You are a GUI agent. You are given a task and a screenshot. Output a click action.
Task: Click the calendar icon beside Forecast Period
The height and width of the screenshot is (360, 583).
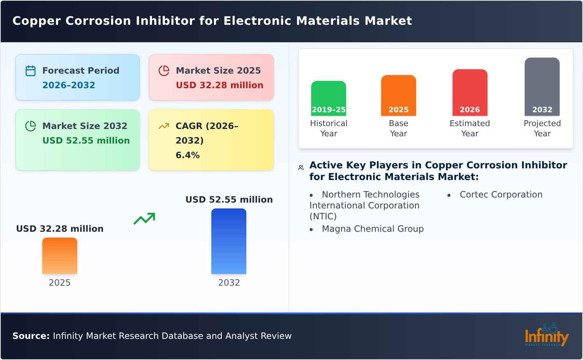point(31,71)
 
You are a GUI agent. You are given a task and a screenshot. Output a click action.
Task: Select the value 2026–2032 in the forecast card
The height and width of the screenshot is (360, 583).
point(69,85)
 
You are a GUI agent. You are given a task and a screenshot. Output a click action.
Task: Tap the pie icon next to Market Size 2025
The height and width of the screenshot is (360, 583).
point(164,71)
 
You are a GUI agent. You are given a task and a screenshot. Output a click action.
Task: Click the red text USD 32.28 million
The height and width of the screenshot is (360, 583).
point(219,85)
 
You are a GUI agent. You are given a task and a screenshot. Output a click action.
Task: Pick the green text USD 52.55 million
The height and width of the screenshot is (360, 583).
point(86,141)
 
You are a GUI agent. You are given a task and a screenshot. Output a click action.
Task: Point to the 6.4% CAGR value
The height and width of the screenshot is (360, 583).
point(187,155)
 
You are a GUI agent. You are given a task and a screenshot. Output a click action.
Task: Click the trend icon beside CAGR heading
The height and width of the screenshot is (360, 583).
point(164,126)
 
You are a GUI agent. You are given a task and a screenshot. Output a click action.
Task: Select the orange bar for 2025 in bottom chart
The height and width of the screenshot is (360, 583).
point(60,256)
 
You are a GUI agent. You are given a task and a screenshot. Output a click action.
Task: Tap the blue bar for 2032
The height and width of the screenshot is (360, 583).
point(229,241)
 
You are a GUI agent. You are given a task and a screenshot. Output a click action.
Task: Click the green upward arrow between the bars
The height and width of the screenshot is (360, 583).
point(144,219)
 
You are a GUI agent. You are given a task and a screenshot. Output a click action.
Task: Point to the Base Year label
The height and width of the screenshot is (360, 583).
point(398,128)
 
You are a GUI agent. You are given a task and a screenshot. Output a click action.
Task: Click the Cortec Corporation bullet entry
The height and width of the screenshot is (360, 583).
point(501,195)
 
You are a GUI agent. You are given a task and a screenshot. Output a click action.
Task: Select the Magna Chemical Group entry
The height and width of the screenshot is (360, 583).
point(372,229)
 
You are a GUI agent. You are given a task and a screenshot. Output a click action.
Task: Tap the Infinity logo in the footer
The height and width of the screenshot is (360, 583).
point(546,335)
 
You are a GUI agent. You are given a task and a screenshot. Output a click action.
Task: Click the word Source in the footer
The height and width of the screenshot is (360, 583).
point(31,336)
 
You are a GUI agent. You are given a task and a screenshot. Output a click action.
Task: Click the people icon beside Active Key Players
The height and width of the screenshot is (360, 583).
point(301,168)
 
